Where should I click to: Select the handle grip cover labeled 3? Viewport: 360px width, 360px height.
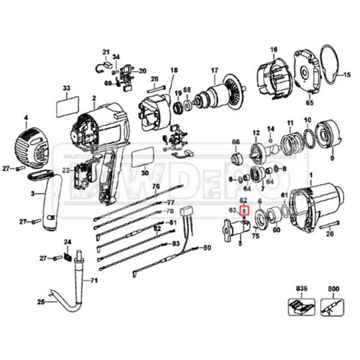(x=50, y=202)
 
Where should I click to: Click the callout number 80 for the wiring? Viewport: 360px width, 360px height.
(x=207, y=248)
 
